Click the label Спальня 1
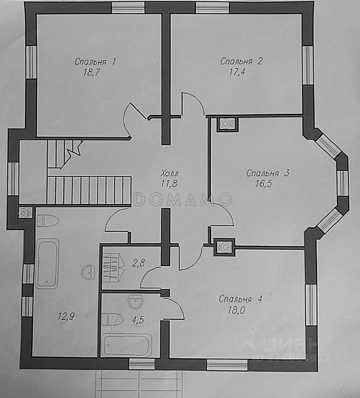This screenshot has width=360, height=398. pyautogui.click(x=95, y=62)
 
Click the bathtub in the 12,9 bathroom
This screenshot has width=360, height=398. pyautogui.click(x=46, y=263)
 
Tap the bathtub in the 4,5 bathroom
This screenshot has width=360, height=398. pyautogui.click(x=127, y=345)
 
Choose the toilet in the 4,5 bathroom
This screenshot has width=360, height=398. pyautogui.click(x=112, y=319)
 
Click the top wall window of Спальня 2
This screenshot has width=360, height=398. pyautogui.click(x=212, y=7)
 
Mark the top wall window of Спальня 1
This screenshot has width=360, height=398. pyautogui.click(x=128, y=7)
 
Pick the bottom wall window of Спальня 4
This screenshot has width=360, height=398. pyautogui.click(x=227, y=365)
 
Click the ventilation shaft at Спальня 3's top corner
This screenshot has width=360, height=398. pyautogui.click(x=227, y=124)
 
